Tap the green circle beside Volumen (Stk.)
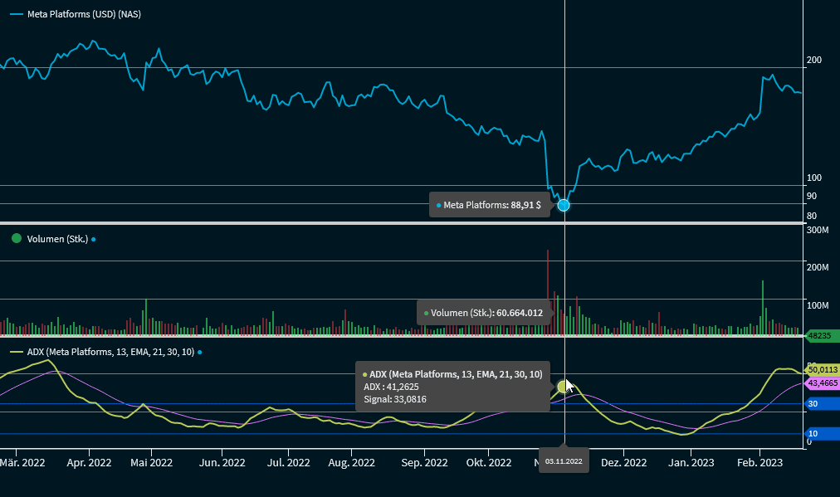(x=16, y=239)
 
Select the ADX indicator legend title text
(x=110, y=352)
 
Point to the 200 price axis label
(x=814, y=61)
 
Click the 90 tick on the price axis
(x=811, y=197)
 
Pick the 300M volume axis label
(x=818, y=230)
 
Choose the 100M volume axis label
(x=818, y=305)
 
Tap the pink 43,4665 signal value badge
(x=821, y=382)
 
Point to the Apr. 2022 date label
(x=88, y=462)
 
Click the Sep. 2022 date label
(x=424, y=462)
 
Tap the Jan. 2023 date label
(x=691, y=462)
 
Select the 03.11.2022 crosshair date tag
(x=564, y=460)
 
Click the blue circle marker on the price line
(x=564, y=205)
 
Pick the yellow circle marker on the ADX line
(x=564, y=386)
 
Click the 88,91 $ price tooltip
(x=490, y=205)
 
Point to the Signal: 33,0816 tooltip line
(x=395, y=400)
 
